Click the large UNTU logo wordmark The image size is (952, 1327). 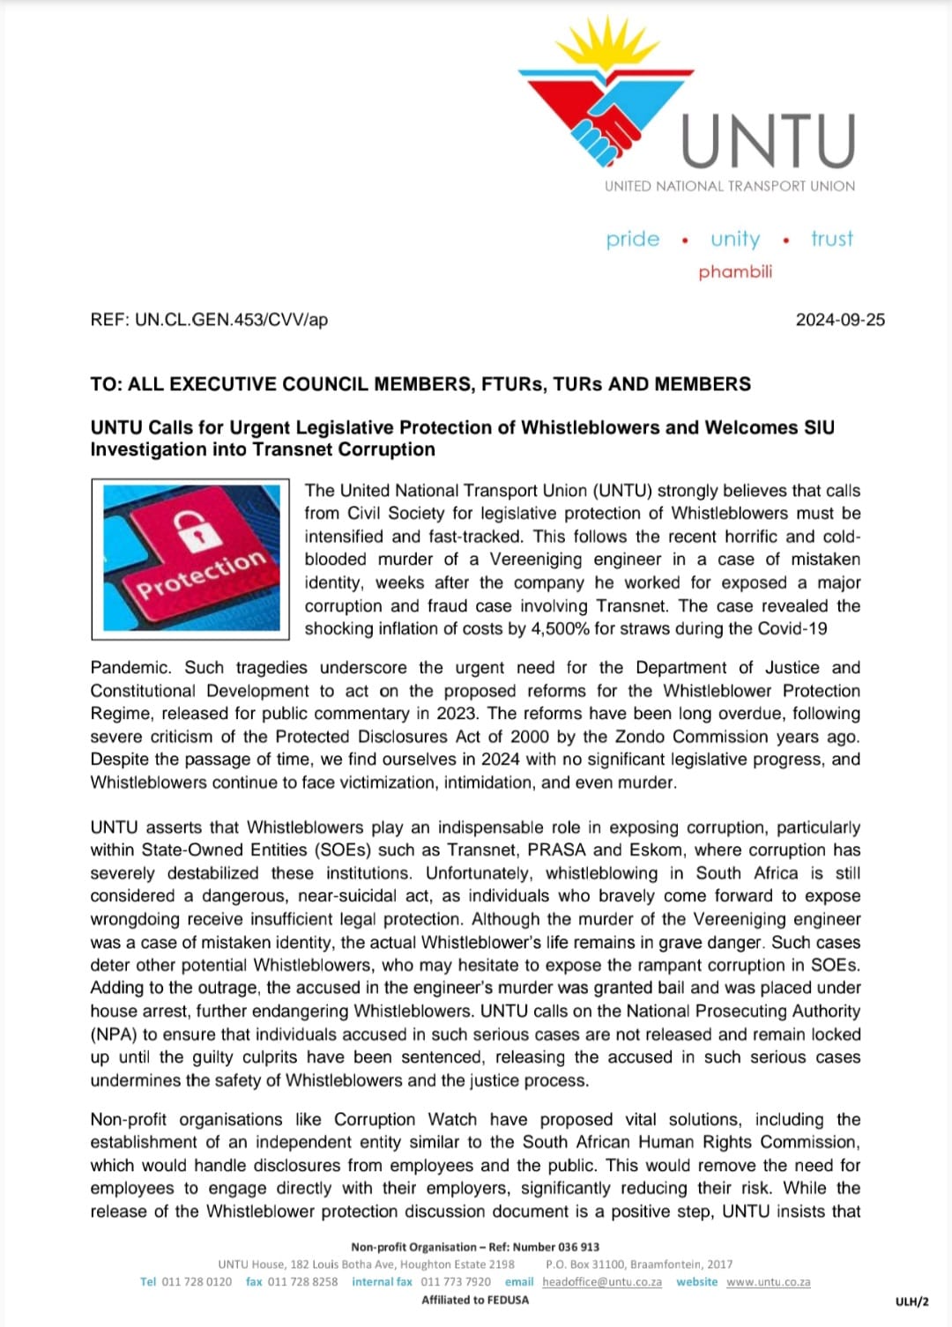coord(768,141)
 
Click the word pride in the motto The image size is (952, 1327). coord(632,239)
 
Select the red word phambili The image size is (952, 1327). coord(735,271)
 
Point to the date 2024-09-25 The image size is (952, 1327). coord(840,320)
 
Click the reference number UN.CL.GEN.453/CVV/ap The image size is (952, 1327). coord(231,320)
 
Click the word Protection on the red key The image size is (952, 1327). coord(201,574)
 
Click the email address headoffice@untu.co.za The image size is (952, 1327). coord(602,1282)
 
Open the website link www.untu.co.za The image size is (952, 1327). coord(768,1282)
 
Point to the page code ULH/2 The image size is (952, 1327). coord(911,1301)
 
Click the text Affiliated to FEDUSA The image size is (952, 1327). coord(475,1300)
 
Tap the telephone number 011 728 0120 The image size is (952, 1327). coord(197,1282)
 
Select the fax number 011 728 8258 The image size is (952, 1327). coord(302,1282)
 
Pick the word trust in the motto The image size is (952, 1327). coord(831,239)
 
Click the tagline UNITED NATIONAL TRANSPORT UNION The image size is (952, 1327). coord(729,186)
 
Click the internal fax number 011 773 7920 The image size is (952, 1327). coord(456,1282)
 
